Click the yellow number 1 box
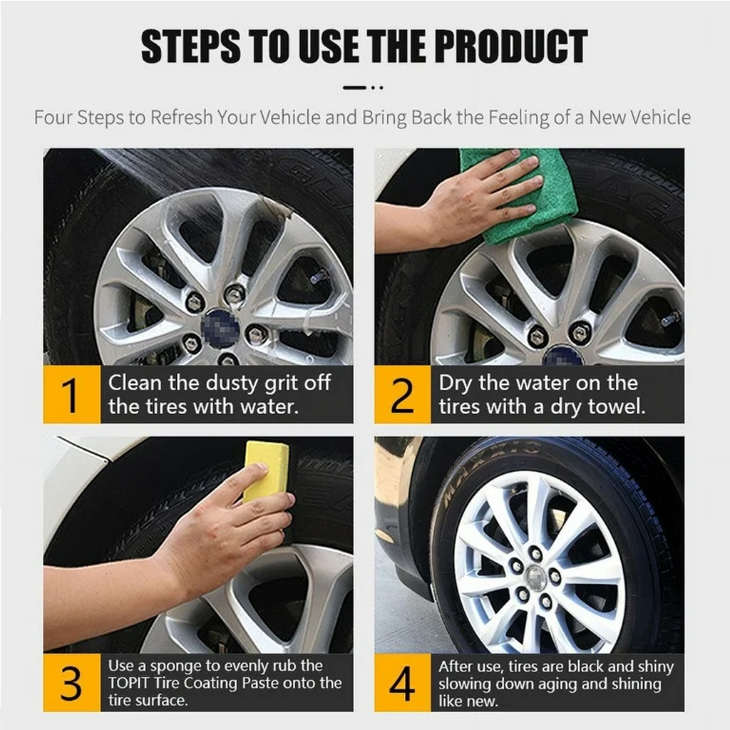click(72, 394)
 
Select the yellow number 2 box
click(403, 394)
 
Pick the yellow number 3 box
click(72, 682)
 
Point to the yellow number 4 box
click(403, 682)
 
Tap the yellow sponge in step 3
click(266, 471)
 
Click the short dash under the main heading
click(355, 87)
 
